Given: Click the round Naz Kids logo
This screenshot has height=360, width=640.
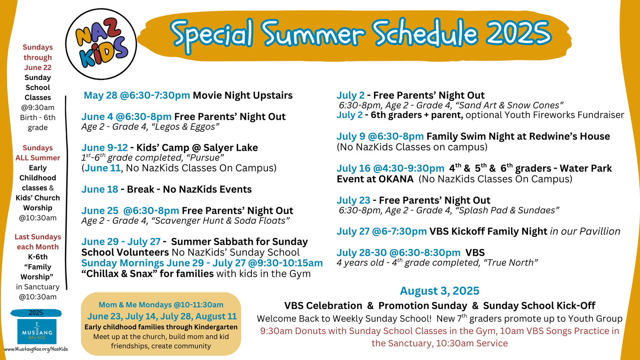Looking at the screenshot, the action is pos(101,44).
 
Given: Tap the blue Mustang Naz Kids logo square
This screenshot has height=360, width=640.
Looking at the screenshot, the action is pos(37,332).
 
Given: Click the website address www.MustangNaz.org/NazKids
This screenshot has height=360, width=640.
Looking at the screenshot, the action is pos(36,349).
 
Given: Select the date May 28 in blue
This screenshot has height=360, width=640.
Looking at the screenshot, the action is pos(100,95).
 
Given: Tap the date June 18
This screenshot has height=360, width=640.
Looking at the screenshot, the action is pos(100,189).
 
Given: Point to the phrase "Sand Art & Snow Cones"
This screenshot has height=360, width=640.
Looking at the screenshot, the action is pos(509,106).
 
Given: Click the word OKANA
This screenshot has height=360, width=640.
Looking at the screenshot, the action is pos(396,179).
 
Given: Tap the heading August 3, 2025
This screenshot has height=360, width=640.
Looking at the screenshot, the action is pos(439,291).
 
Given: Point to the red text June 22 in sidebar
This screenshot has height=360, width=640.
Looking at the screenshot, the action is pos(37,67).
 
